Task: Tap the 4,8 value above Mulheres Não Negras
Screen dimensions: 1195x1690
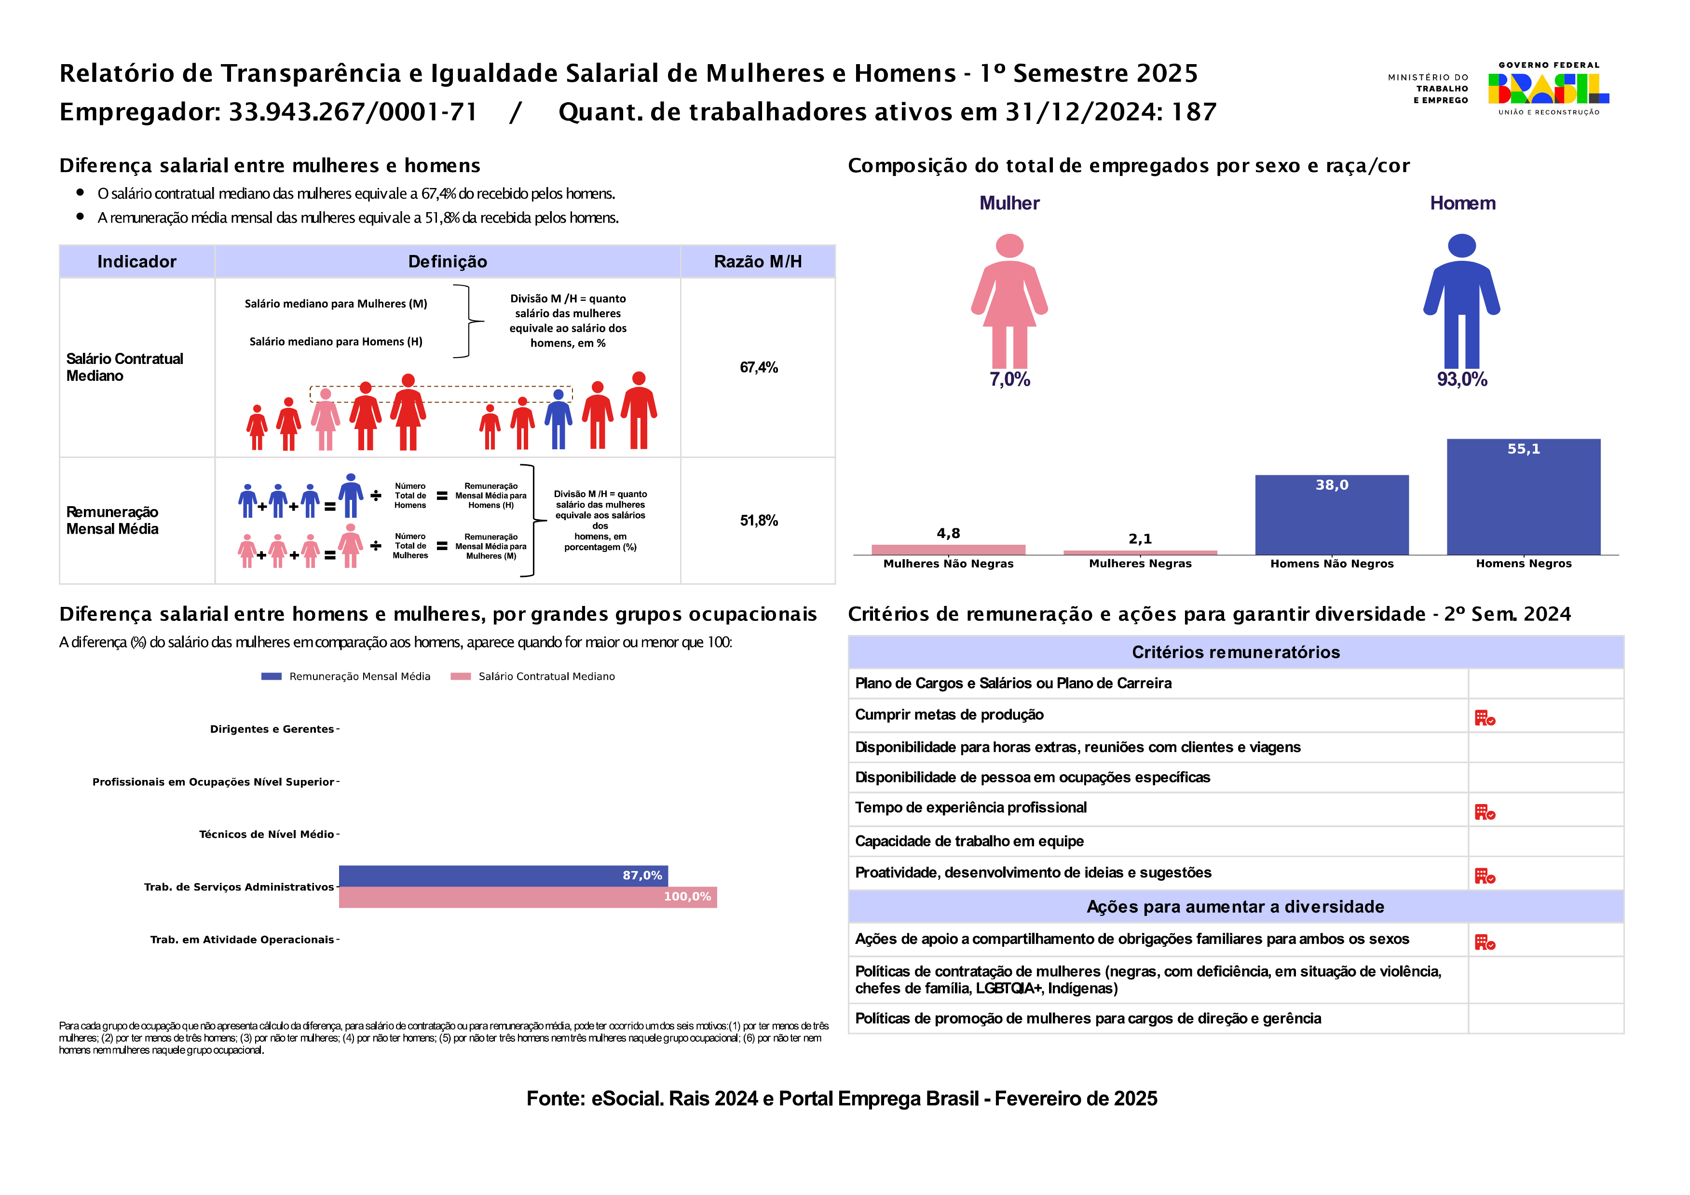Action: [x=948, y=534]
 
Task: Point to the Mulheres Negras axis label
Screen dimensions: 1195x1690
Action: [x=1140, y=564]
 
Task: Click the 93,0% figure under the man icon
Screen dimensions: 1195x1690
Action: [x=1462, y=380]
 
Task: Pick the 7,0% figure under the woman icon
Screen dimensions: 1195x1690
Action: [x=1009, y=380]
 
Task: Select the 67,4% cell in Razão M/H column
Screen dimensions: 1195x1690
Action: [x=758, y=367]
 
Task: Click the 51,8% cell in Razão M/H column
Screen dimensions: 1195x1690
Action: [x=758, y=520]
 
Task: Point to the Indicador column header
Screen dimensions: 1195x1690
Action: [x=137, y=261]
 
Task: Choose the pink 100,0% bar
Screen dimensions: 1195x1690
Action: [x=528, y=897]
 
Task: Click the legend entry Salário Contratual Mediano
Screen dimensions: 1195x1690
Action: [x=546, y=676]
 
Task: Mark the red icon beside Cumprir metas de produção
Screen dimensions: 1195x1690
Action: [x=1484, y=717]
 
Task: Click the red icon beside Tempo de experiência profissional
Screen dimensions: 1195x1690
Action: [x=1484, y=812]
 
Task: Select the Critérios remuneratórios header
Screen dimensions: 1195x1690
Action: [x=1235, y=652]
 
